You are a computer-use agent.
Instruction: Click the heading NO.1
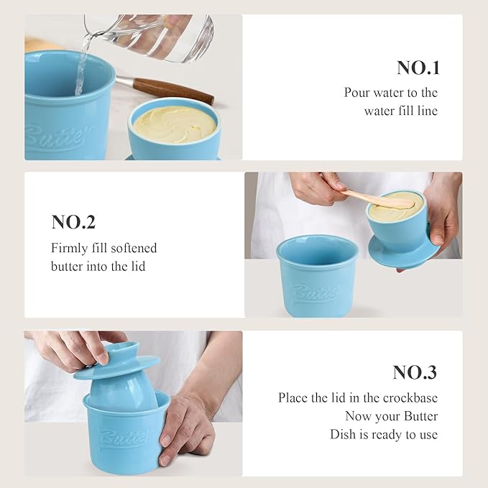click(418, 68)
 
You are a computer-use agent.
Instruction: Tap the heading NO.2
click(73, 222)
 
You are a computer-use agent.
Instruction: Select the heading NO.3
click(415, 372)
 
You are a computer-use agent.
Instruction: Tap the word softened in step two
click(134, 248)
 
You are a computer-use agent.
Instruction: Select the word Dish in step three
click(344, 434)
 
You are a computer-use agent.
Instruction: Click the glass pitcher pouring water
click(155, 36)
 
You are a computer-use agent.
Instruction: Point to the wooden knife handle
click(172, 91)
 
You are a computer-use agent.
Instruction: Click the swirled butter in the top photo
click(175, 124)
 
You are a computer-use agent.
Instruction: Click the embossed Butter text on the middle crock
click(314, 293)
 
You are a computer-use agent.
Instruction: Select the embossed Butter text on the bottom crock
click(123, 436)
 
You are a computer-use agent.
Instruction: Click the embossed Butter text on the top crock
click(54, 137)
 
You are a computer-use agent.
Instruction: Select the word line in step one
click(425, 111)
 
